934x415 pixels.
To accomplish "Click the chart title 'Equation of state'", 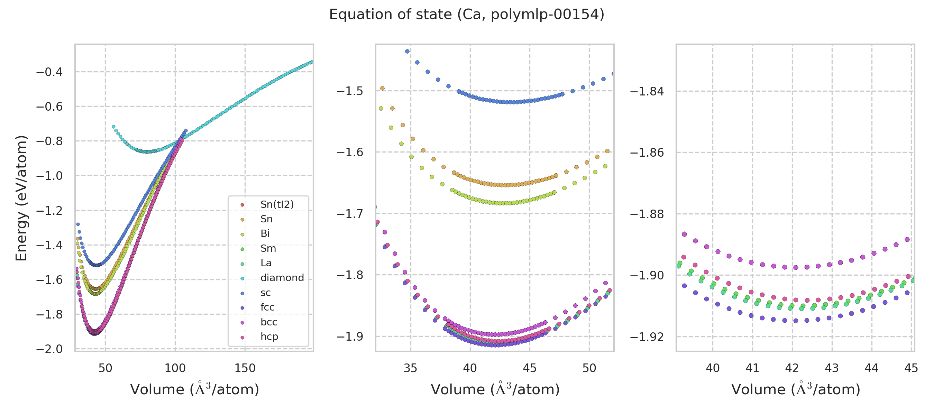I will pos(467,15).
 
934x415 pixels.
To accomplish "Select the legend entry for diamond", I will pos(282,278).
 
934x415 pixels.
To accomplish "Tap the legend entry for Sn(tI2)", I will pos(277,204).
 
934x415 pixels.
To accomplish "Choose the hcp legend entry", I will pos(269,337).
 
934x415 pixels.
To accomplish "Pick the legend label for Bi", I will pos(265,234).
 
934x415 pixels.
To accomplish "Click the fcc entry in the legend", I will pos(267,307).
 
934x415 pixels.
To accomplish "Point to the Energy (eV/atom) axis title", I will pos(21,198).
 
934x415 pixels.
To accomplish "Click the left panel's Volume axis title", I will pos(194,390).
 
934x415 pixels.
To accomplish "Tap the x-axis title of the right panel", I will pos(796,390).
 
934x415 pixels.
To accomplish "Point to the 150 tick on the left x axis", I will pos(245,369).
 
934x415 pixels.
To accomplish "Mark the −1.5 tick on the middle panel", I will pos(350,91).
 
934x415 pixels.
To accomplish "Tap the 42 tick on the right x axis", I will pos(792,369).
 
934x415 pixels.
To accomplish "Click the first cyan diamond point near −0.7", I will pos(113,127).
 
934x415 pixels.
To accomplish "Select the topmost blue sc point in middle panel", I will pos(407,52).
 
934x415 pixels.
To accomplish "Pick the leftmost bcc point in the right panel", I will pos(684,234).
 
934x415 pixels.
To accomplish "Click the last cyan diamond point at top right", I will pos(312,62).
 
